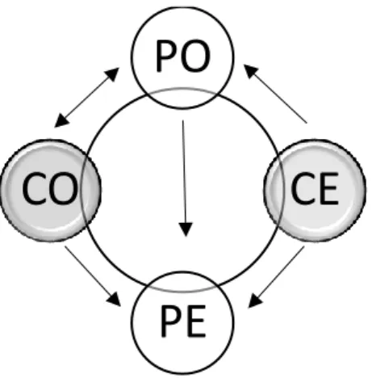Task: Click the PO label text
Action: (x=182, y=56)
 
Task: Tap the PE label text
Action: (x=183, y=321)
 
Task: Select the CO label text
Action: (x=50, y=188)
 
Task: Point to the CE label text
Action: (x=315, y=188)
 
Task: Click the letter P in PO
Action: (x=166, y=56)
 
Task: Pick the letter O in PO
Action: (x=194, y=57)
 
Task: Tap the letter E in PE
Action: (x=196, y=321)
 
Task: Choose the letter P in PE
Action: (x=171, y=321)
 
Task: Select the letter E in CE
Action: (x=329, y=188)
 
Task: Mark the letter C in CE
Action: (x=303, y=188)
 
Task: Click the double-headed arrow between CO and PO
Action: (x=86, y=98)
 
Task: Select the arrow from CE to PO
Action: (x=275, y=94)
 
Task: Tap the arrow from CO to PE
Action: (x=93, y=276)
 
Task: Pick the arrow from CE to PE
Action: (x=277, y=277)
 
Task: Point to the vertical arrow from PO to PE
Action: (x=185, y=179)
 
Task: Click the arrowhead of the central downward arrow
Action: (x=186, y=229)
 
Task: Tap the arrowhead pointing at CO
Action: (x=61, y=120)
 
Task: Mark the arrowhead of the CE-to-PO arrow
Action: (x=250, y=71)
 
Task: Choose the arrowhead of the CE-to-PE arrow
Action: (x=255, y=301)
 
